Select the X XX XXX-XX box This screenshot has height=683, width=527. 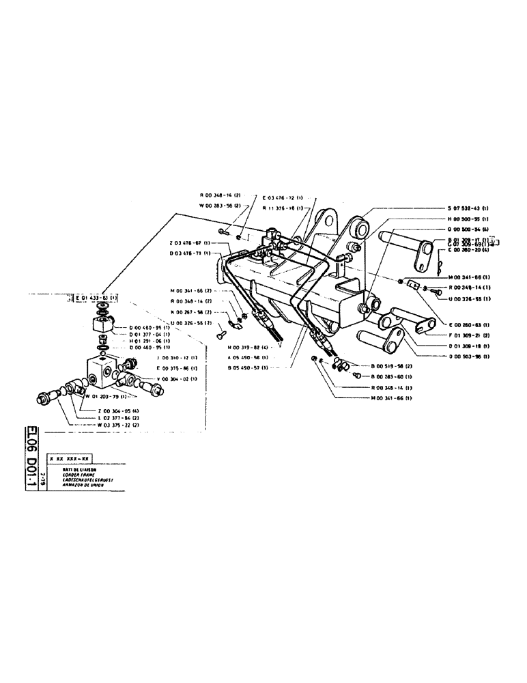pyautogui.click(x=70, y=460)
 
